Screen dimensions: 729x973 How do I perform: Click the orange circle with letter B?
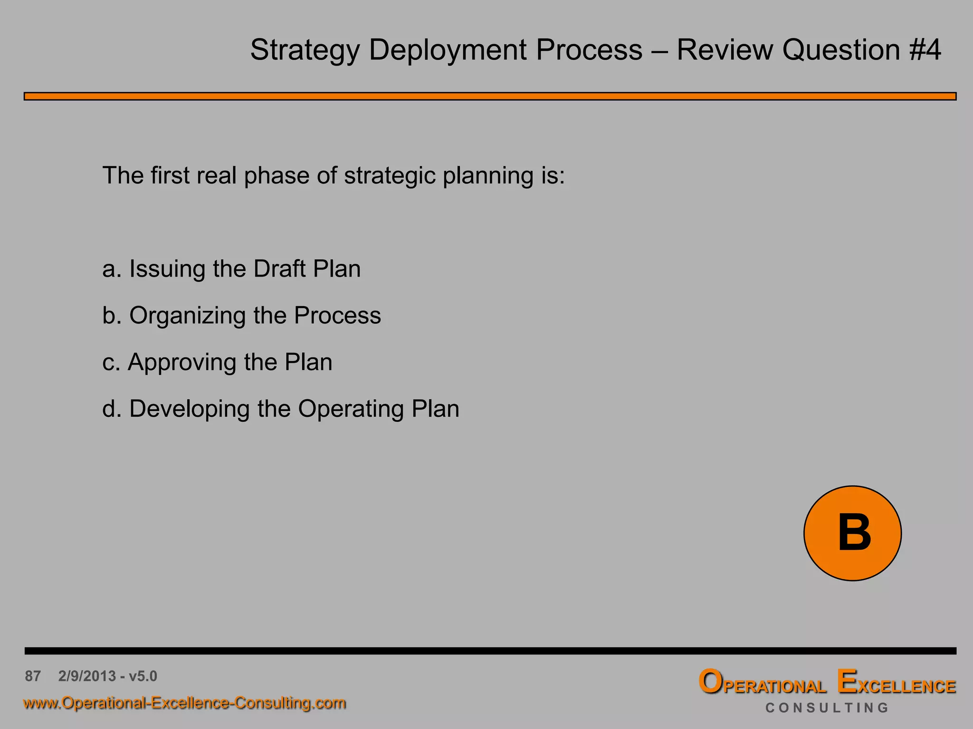(x=852, y=533)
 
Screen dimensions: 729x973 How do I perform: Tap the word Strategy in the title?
(x=305, y=50)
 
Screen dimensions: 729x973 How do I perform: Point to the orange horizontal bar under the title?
(x=489, y=96)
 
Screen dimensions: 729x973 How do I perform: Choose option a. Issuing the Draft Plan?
(x=231, y=269)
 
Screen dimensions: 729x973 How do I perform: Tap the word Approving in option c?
(x=182, y=363)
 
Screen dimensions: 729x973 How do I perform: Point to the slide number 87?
(x=33, y=676)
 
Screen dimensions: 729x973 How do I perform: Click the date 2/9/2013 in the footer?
(x=87, y=676)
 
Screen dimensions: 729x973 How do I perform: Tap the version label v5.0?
(x=143, y=676)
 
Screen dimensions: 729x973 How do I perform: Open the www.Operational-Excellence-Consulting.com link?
(x=184, y=703)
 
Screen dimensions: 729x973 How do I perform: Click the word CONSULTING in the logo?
(x=827, y=708)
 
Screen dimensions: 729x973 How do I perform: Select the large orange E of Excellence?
(x=847, y=682)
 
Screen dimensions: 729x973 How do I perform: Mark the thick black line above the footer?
(x=489, y=651)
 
